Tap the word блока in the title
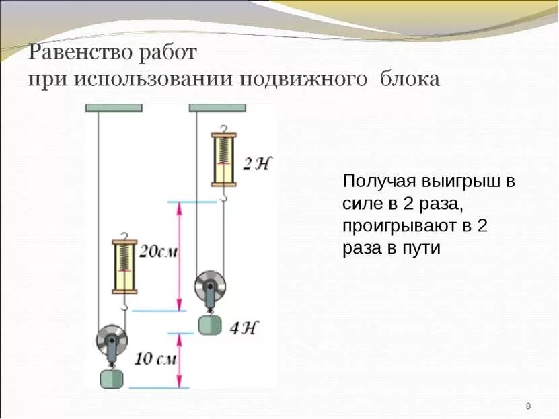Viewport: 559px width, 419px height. point(410,79)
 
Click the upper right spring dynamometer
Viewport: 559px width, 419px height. point(223,159)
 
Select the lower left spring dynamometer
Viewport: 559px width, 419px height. point(125,265)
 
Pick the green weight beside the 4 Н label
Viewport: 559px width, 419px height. point(209,325)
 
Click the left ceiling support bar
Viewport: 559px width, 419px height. point(114,106)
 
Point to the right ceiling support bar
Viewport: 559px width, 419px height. point(217,106)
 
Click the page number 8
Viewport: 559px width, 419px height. point(528,406)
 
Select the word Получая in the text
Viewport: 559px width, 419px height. point(379,182)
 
